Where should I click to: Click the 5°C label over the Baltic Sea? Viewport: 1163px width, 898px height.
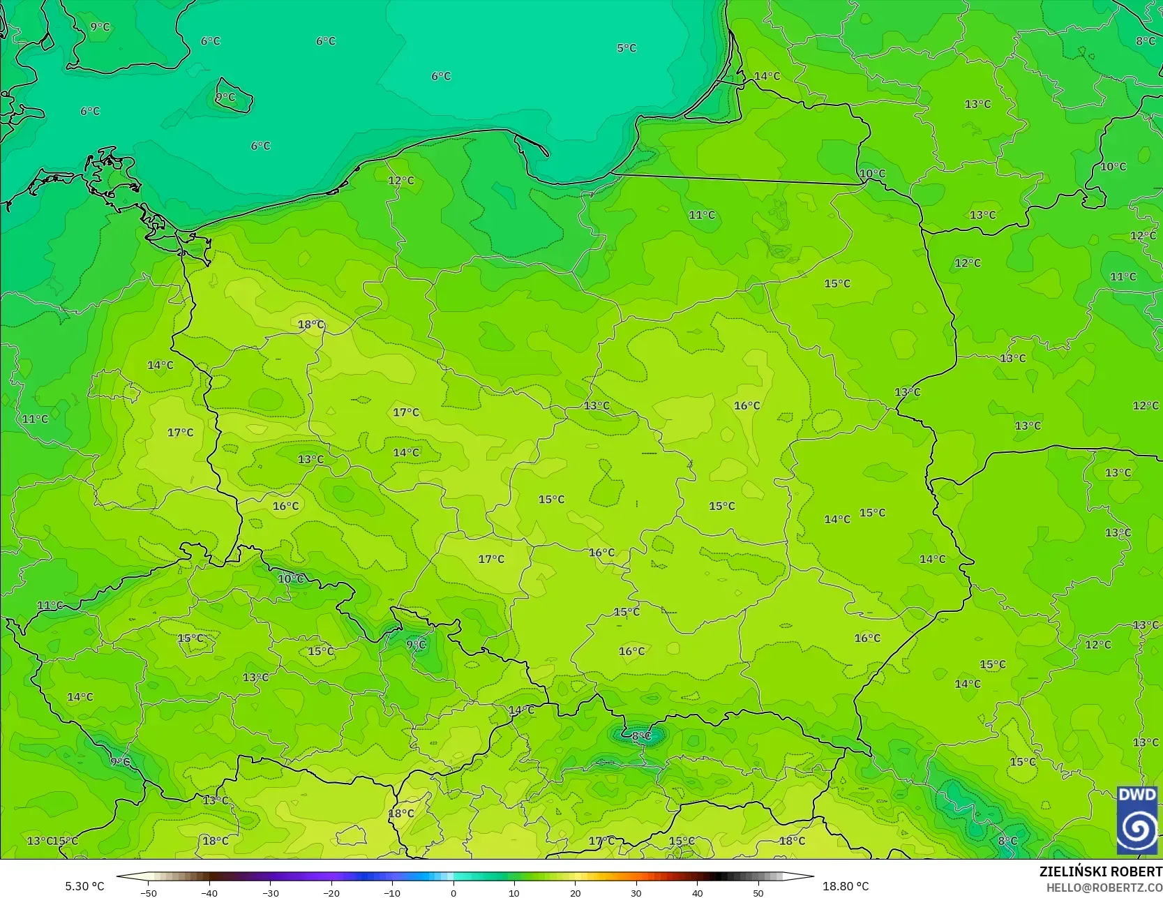click(x=626, y=48)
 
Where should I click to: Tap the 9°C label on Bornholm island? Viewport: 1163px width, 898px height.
click(x=225, y=97)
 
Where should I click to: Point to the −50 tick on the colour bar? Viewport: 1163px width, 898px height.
click(x=148, y=892)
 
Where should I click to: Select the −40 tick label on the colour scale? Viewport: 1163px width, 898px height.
click(x=209, y=892)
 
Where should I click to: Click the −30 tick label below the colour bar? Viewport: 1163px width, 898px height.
click(x=271, y=892)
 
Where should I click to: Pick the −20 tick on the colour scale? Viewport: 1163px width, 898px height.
click(x=331, y=892)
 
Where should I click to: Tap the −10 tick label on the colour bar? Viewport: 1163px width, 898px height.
click(x=392, y=892)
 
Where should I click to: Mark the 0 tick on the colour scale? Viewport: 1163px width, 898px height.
click(x=453, y=892)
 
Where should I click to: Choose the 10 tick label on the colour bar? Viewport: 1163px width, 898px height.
click(x=514, y=892)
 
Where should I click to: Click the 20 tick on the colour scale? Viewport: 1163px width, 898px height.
click(x=575, y=892)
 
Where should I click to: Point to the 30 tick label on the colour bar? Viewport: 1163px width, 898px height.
click(x=636, y=892)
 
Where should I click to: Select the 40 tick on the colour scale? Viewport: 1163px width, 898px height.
click(x=697, y=892)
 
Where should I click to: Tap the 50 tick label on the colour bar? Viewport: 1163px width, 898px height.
click(x=758, y=892)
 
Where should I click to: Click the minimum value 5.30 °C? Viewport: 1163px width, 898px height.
click(x=84, y=886)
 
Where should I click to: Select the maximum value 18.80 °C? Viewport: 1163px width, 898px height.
click(x=846, y=886)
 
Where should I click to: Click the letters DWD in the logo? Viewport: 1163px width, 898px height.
click(x=1137, y=795)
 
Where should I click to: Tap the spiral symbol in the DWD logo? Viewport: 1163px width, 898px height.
click(x=1137, y=829)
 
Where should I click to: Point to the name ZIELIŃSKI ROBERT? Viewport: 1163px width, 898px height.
click(x=1100, y=871)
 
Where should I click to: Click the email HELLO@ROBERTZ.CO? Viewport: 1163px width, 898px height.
click(x=1104, y=888)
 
